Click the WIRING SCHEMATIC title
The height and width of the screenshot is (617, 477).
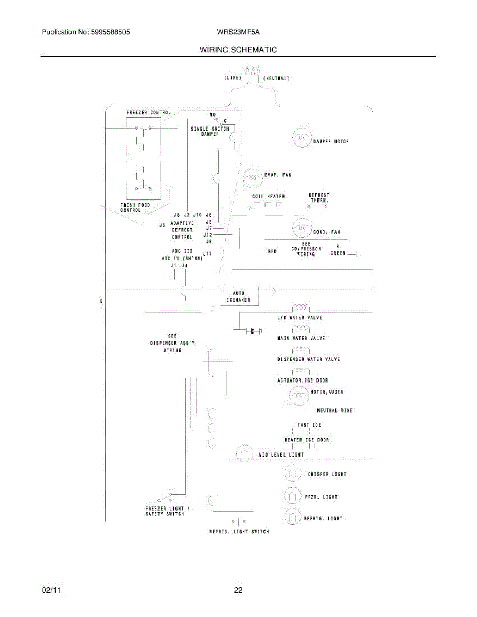(238, 50)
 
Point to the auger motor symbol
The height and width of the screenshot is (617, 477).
(298, 396)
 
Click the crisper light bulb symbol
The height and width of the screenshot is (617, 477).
(292, 474)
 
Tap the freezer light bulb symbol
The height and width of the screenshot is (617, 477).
(292, 496)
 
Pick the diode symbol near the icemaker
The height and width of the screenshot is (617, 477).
(252, 331)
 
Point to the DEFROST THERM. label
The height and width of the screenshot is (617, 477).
(319, 197)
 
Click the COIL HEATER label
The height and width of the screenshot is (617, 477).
(268, 196)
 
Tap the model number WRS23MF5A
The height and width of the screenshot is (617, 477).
(238, 32)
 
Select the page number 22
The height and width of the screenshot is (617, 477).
(238, 590)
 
